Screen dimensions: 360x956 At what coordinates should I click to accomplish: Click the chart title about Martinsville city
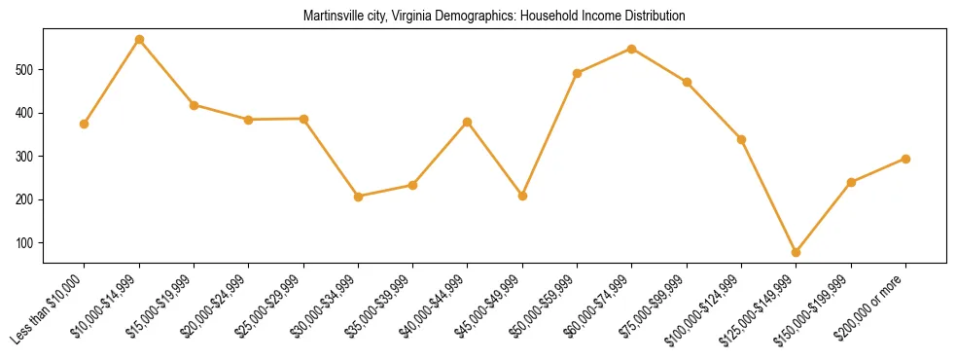click(x=494, y=17)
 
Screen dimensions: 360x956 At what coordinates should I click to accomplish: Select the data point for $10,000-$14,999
click(x=139, y=40)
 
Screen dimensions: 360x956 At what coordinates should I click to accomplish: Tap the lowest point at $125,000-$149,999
click(x=797, y=252)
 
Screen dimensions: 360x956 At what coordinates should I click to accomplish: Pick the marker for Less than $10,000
click(x=85, y=124)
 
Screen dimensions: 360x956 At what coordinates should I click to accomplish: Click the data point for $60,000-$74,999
click(x=632, y=49)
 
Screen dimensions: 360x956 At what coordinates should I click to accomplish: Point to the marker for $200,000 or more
click(x=905, y=159)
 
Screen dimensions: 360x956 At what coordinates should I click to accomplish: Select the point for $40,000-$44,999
click(x=468, y=123)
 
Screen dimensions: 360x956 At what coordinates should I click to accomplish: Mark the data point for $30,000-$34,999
click(x=358, y=197)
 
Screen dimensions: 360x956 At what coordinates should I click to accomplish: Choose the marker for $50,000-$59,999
click(x=578, y=73)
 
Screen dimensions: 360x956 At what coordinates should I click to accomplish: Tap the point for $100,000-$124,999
click(x=741, y=139)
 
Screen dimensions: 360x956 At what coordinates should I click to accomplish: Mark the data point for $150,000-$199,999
click(x=851, y=182)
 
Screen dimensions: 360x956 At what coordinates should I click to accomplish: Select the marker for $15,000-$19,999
click(x=194, y=105)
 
